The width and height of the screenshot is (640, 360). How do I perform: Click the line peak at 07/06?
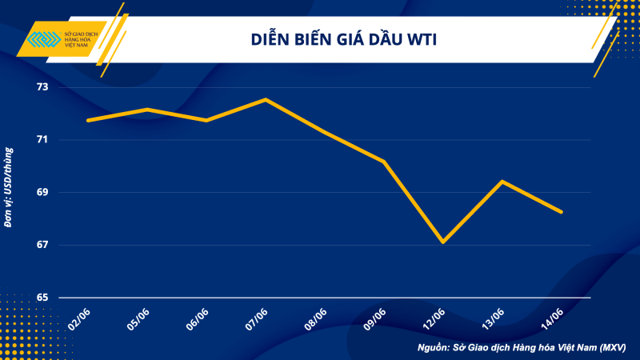(x=266, y=99)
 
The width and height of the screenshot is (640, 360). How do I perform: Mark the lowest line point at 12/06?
(x=442, y=242)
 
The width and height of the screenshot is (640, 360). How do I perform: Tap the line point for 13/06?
(x=502, y=181)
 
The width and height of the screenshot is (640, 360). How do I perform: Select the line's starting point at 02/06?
(x=88, y=120)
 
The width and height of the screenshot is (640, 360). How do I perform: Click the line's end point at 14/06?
(x=561, y=212)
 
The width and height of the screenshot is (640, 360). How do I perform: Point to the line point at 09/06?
(x=384, y=162)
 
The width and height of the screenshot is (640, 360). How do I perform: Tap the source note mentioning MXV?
(x=522, y=348)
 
